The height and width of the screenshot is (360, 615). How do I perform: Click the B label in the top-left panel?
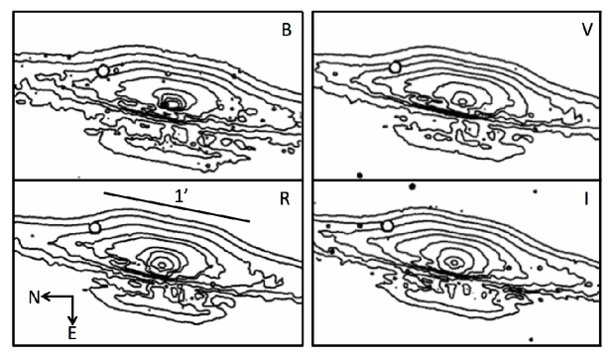click(x=287, y=30)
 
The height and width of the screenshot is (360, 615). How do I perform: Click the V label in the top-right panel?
click(x=587, y=30)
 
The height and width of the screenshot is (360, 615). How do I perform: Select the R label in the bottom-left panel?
click(x=285, y=199)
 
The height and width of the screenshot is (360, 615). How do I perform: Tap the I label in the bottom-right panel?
click(x=586, y=199)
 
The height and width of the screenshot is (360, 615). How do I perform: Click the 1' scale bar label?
click(x=181, y=196)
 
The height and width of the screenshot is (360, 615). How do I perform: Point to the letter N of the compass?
click(x=34, y=299)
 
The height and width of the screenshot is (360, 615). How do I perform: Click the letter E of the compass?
click(x=72, y=333)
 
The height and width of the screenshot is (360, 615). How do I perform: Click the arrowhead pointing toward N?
click(x=46, y=297)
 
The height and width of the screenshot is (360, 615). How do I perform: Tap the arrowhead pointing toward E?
click(x=73, y=320)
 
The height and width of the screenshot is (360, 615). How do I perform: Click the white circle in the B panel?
click(x=103, y=71)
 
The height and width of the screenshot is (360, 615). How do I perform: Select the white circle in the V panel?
click(x=395, y=67)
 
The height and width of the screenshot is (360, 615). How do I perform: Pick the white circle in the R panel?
click(x=95, y=227)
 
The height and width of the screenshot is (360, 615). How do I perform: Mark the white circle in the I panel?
click(x=388, y=225)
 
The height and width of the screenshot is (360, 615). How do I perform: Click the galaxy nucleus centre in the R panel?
click(x=162, y=265)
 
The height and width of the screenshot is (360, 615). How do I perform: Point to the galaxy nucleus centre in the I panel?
click(x=454, y=262)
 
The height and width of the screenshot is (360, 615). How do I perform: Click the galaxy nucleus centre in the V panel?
click(x=463, y=101)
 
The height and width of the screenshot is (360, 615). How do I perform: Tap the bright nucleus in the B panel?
click(x=172, y=104)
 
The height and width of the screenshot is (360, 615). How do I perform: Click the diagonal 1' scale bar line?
click(x=177, y=207)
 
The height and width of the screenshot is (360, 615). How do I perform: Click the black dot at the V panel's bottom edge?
click(x=359, y=175)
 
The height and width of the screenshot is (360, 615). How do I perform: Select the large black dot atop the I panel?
click(x=412, y=186)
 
